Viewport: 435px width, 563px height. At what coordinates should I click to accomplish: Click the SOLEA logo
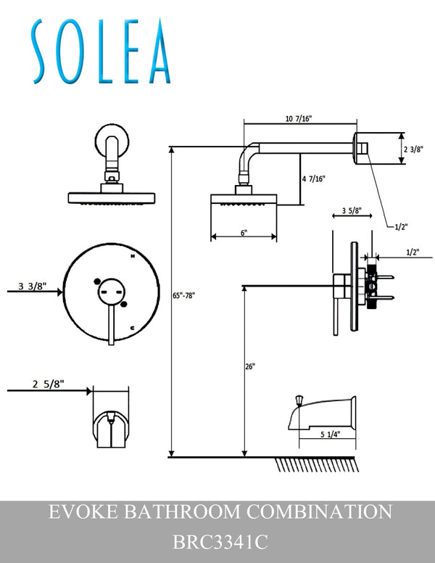101,52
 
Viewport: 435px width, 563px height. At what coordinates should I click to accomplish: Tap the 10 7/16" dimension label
299,118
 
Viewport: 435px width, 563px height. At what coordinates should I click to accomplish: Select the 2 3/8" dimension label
413,149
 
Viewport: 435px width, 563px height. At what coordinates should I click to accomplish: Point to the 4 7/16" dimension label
313,178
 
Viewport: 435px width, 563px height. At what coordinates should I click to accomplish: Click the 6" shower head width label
244,233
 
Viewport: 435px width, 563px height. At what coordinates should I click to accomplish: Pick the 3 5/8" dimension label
352,210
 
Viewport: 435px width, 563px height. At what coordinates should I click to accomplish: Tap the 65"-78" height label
183,295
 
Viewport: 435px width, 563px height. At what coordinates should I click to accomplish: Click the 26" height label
250,366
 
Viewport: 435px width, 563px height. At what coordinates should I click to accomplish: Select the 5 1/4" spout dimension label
330,434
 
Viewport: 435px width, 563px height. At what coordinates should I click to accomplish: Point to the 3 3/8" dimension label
33,286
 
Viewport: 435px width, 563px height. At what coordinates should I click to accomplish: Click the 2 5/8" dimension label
48,385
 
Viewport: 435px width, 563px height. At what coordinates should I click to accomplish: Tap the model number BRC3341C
220,542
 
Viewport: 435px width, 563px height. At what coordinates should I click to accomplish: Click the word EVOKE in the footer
83,511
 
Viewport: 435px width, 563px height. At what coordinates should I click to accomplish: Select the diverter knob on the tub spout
299,400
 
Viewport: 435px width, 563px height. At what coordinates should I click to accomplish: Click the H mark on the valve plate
133,256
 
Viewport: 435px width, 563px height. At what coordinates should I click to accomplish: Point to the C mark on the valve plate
133,327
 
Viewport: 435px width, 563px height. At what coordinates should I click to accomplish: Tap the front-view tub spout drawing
111,430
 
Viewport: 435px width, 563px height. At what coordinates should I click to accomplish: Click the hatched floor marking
318,464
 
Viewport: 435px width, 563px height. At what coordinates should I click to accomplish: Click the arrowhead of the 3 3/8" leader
59,292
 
